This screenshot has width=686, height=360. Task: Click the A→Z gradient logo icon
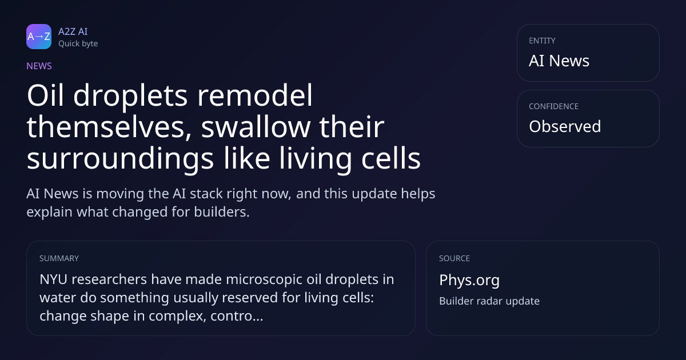point(39,37)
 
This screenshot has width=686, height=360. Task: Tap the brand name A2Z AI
point(73,31)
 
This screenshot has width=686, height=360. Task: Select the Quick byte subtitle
point(78,44)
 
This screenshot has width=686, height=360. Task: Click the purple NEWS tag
point(39,66)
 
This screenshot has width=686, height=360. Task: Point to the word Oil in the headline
point(45,95)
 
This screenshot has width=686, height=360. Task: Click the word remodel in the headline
point(255,95)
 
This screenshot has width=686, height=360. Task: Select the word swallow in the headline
point(256,127)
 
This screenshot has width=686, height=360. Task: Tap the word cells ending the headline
point(391,158)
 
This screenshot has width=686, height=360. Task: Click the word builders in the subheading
point(222,212)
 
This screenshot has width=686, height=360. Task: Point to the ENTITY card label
point(542,41)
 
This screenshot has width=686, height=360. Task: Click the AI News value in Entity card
point(559,61)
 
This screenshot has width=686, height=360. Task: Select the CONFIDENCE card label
point(554,106)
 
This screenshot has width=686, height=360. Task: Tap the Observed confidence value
point(565,126)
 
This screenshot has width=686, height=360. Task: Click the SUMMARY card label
point(59,258)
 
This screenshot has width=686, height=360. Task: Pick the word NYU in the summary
point(53,279)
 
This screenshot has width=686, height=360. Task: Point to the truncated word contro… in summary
point(237,316)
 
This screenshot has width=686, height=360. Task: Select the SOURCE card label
point(454,258)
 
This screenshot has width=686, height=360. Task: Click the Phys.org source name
point(469,280)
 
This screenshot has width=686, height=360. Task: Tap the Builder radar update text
point(489,301)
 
